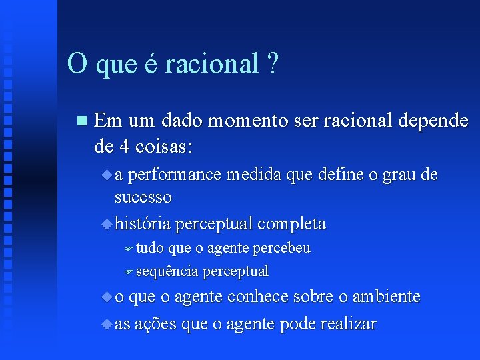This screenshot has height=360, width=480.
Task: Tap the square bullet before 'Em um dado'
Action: (x=81, y=121)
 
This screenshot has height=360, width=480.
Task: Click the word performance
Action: (x=175, y=175)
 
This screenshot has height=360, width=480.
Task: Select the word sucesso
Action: (x=143, y=197)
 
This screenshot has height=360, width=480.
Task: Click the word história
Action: (x=142, y=223)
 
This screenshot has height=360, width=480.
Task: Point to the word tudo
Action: (x=150, y=249)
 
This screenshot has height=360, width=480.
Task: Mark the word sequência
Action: (x=167, y=271)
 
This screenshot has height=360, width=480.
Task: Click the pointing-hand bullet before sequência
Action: (x=129, y=271)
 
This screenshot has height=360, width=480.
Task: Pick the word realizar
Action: (x=348, y=325)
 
